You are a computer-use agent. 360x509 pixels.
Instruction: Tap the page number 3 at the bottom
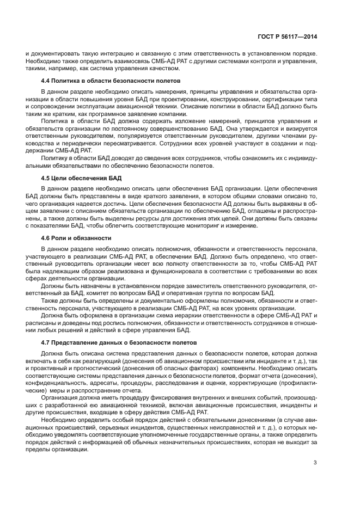[x=315, y=463]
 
